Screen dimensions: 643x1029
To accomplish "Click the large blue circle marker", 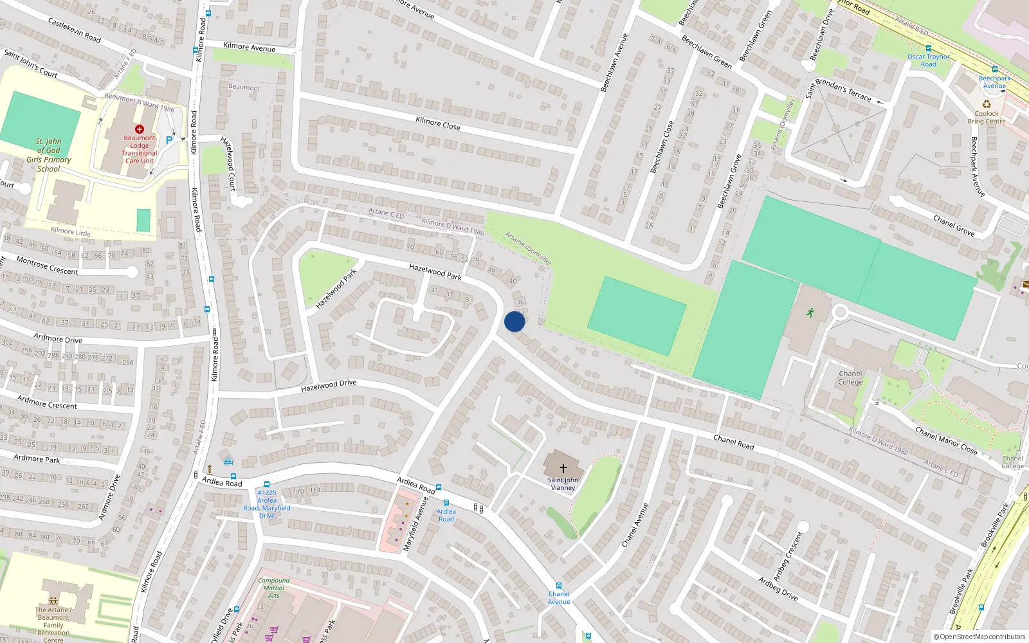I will point(514,321).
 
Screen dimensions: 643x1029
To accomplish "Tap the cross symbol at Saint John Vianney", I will point(563,469).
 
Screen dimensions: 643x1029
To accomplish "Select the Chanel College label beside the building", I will point(850,377).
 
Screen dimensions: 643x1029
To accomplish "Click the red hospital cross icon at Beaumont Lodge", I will point(140,129).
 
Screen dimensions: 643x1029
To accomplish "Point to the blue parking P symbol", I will point(169,140).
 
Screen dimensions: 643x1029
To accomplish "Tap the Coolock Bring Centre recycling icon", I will point(987,104).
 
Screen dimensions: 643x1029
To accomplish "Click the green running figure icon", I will point(810,312).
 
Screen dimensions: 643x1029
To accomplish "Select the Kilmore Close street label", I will point(438,123).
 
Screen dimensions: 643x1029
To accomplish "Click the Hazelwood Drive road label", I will point(329,385).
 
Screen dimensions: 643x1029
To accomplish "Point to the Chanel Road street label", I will point(734,442).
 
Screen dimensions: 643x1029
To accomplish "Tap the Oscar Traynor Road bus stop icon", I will point(928,48).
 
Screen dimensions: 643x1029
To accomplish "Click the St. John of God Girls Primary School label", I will point(48,155).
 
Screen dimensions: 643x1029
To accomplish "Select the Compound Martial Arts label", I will point(274,588).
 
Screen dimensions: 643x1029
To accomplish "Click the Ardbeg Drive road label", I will point(778,588).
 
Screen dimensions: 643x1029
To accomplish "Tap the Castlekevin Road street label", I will point(75,30).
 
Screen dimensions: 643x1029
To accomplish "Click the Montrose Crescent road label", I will point(47,266).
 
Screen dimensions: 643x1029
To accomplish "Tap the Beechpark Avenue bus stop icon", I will point(994,69).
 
